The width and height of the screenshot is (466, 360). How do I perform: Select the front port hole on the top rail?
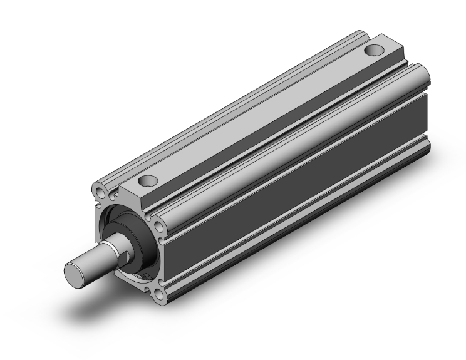(x=148, y=182)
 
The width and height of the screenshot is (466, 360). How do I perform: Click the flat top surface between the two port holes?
(x=263, y=116)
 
